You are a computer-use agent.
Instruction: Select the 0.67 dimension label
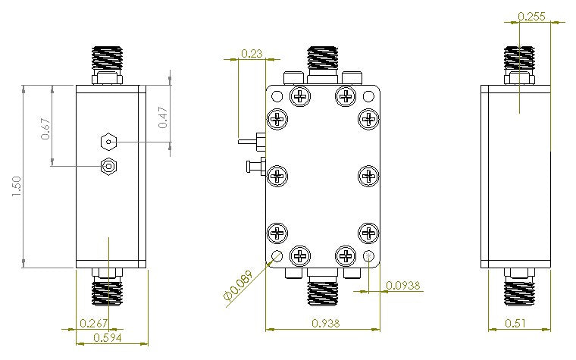click(x=45, y=130)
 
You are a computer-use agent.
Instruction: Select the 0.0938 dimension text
click(x=403, y=286)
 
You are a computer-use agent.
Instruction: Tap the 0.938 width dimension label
click(x=323, y=323)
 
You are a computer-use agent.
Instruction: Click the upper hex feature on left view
click(x=110, y=141)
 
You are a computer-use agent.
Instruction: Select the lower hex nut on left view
click(x=110, y=167)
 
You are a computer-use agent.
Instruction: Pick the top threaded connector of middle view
click(x=324, y=58)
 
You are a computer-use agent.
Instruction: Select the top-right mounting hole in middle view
click(x=370, y=96)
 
